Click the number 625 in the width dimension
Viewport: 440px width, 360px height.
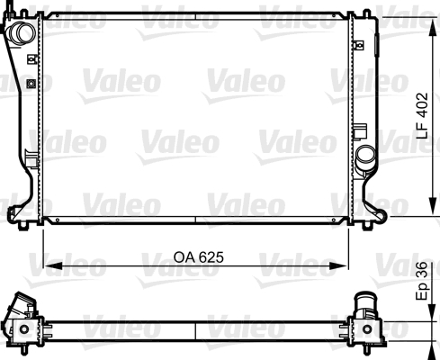[x=208, y=257]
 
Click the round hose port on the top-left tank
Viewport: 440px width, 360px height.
[x=22, y=32]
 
